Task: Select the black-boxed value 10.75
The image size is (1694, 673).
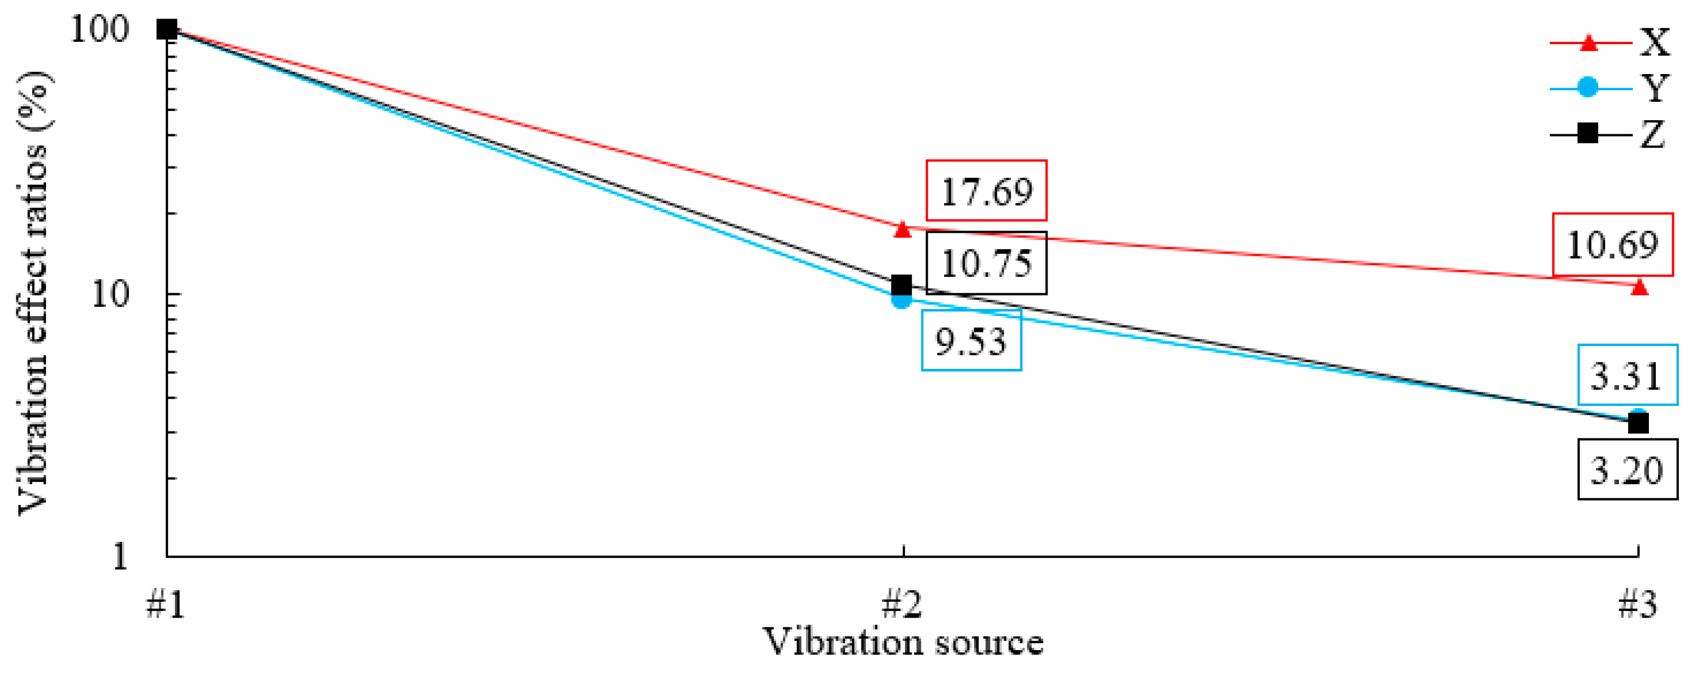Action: (987, 263)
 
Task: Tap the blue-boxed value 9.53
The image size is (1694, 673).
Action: (971, 341)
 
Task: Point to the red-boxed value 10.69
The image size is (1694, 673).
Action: (1612, 244)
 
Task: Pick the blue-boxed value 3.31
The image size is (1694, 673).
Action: (1627, 375)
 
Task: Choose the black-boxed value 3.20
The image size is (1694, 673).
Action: (1627, 470)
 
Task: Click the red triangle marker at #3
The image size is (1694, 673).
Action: (1638, 287)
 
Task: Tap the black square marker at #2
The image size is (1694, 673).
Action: (902, 285)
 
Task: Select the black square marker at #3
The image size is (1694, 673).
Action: (1638, 423)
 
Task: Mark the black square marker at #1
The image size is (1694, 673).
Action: (167, 29)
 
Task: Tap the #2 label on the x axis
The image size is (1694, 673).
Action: (902, 604)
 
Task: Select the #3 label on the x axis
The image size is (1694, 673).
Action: (1637, 604)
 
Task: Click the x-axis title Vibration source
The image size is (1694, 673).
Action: (902, 642)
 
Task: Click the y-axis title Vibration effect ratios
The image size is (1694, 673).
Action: (33, 293)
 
